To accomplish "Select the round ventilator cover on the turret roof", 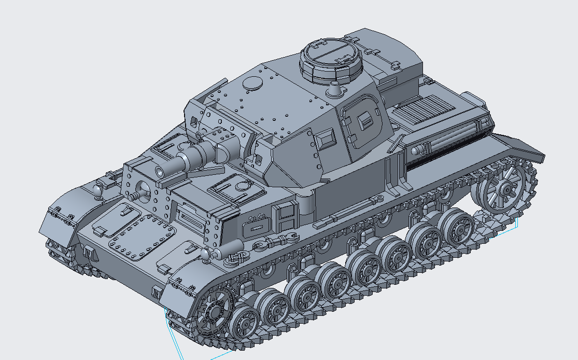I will click(252, 82).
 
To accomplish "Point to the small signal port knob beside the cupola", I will click(335, 90).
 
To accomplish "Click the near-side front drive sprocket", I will click(213, 312).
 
